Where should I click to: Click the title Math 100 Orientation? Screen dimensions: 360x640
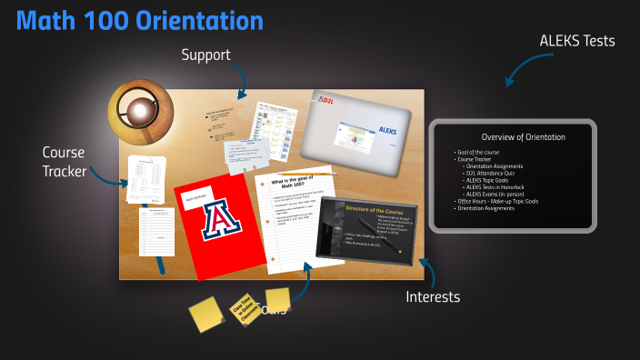point(140,21)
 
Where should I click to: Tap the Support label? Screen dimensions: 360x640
point(205,55)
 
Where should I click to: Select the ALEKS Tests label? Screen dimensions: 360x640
point(577,41)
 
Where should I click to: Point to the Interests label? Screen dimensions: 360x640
point(433,297)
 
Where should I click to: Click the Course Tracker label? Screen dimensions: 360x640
point(65,161)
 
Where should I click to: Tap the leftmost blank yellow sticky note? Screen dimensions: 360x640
point(205,315)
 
